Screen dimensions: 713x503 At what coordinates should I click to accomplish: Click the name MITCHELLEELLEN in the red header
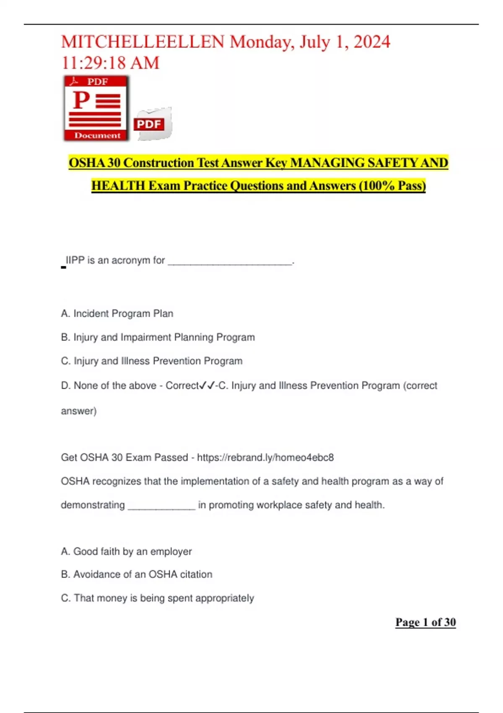(143, 42)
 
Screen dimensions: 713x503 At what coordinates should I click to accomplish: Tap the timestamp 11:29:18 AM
(110, 63)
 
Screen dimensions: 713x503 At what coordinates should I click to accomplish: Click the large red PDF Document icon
(96, 108)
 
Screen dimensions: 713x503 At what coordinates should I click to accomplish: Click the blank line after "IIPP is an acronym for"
(230, 261)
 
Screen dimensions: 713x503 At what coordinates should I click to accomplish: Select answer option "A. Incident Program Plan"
(117, 313)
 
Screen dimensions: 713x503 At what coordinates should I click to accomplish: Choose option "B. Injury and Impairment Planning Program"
(158, 337)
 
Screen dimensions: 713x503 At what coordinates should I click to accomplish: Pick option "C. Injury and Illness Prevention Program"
(152, 361)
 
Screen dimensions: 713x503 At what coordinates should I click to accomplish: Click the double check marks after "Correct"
(207, 385)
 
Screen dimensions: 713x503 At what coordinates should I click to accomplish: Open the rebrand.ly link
(265, 457)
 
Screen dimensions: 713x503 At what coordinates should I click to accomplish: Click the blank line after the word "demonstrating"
(161, 506)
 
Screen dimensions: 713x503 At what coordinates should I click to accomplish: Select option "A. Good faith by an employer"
(126, 551)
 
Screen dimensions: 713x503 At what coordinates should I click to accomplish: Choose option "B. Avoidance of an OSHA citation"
(137, 574)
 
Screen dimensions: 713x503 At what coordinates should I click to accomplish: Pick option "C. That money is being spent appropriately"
(157, 598)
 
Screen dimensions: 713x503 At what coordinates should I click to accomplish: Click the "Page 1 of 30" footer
(425, 622)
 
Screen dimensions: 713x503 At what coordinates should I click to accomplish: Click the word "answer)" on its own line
(79, 411)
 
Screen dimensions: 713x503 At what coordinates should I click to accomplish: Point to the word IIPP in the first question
(75, 260)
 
